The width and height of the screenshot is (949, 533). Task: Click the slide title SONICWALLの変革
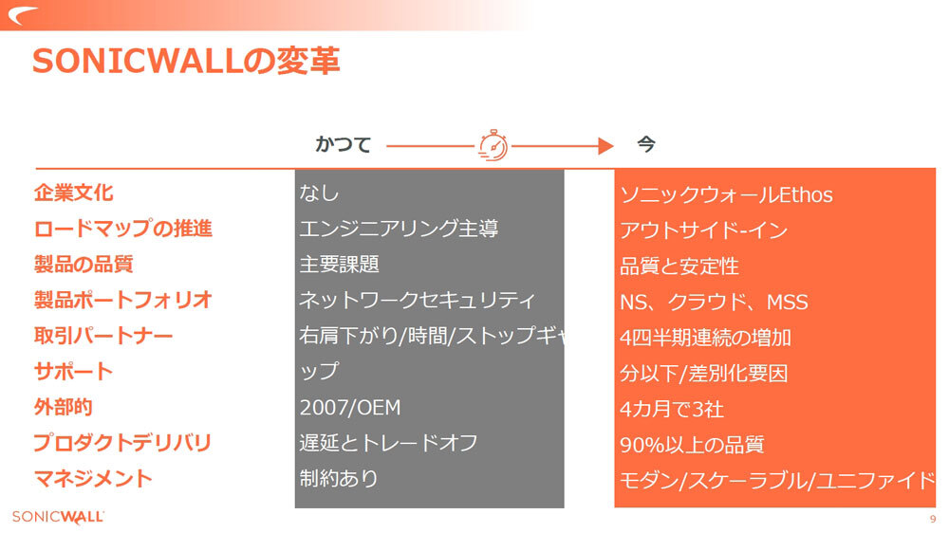[x=186, y=62]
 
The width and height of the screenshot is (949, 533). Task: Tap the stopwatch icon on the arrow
[x=493, y=145]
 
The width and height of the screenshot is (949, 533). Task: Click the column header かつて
[x=343, y=145]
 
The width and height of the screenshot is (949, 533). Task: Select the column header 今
[x=645, y=145]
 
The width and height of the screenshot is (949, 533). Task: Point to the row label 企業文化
[x=73, y=193]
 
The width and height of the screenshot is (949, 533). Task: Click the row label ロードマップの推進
[x=122, y=229]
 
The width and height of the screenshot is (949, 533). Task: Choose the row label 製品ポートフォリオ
[x=122, y=301]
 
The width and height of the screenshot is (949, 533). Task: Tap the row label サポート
[x=73, y=371]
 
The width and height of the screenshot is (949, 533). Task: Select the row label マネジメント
[x=93, y=478]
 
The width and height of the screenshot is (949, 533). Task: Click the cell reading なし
[x=319, y=193]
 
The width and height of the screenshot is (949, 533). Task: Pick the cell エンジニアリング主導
[x=399, y=229]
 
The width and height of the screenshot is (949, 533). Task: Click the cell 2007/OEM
[x=350, y=408]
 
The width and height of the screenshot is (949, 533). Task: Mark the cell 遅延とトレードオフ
[x=388, y=443]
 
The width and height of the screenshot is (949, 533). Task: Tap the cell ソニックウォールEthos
[x=726, y=195]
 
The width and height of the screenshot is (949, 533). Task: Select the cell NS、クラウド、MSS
[x=714, y=303]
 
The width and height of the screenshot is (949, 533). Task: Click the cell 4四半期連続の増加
[x=705, y=338]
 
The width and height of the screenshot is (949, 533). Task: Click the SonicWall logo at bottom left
[x=58, y=517]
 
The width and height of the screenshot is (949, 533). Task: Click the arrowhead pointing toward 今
[x=605, y=145]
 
